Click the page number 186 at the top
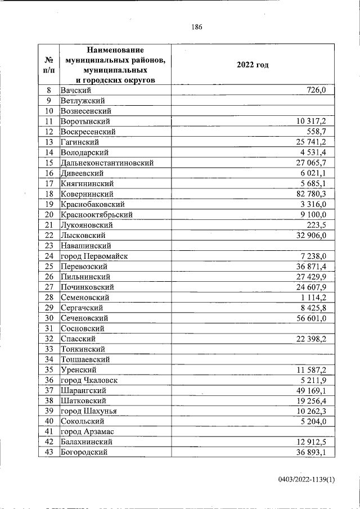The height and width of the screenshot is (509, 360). coord(196,27)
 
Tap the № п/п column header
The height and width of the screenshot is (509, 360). coord(49,65)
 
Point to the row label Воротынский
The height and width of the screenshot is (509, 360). coord(85,121)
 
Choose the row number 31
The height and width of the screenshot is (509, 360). coord(49,328)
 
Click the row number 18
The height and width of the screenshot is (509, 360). coord(49,194)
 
